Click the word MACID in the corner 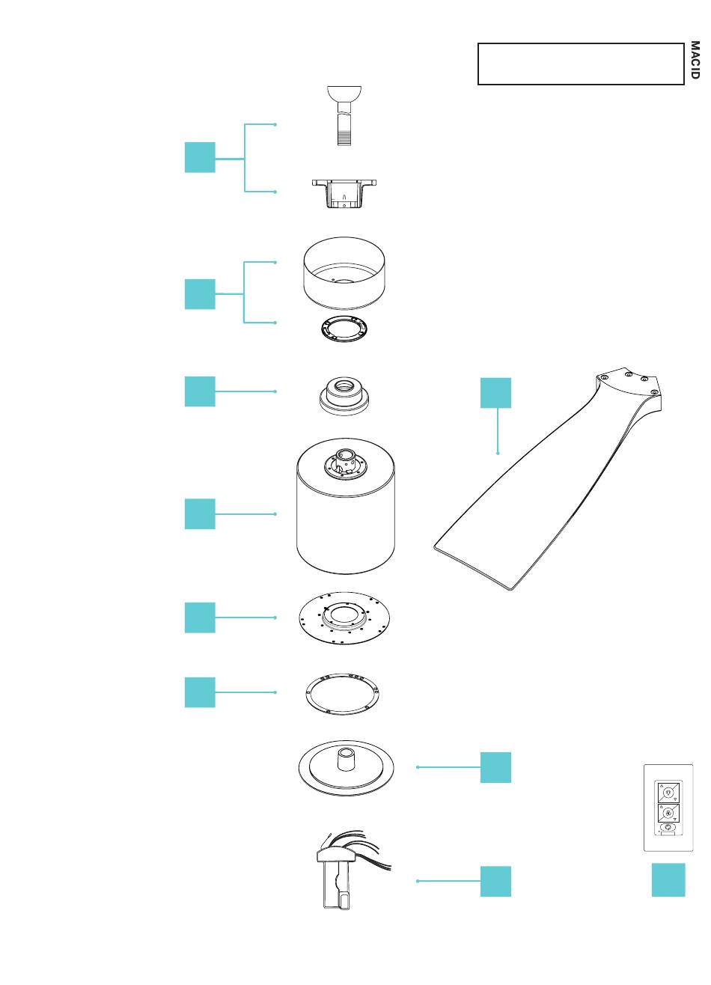point(695,60)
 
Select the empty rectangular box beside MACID point(581,64)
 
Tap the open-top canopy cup point(344,273)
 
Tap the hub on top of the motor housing point(346,462)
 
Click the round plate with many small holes point(344,617)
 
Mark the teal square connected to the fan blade point(495,393)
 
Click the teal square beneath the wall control point(668,879)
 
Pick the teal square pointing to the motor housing point(200,514)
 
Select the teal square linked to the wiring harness point(495,881)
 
